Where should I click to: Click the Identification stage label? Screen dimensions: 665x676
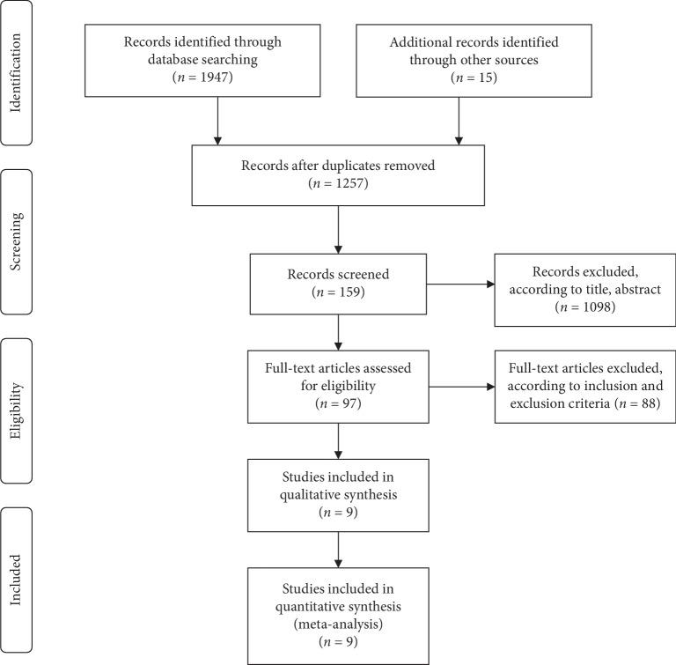tap(15, 71)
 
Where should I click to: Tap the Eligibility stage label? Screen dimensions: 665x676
tap(15, 410)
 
